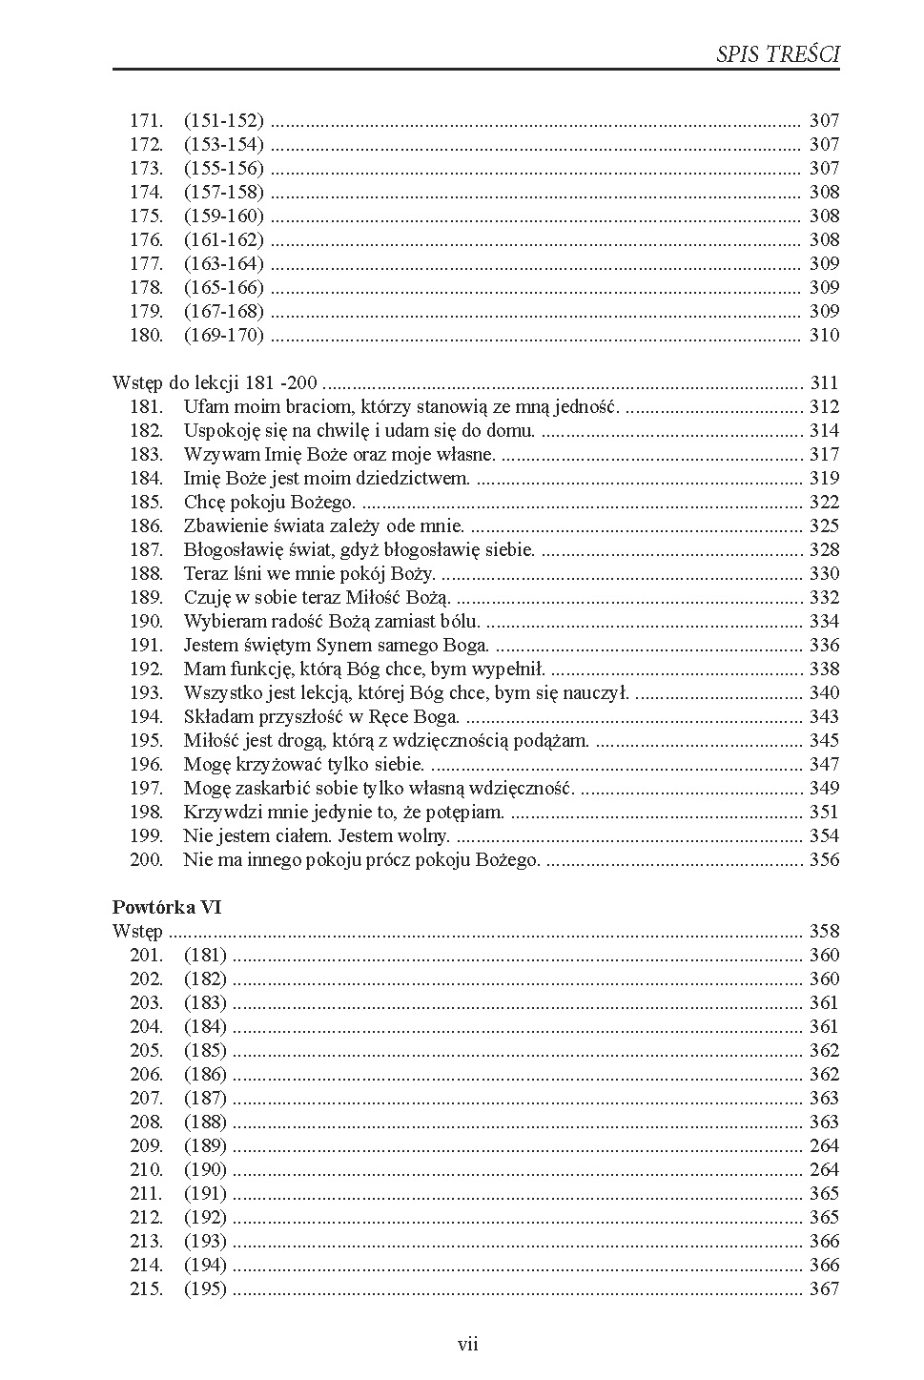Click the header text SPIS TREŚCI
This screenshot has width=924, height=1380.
pyautogui.click(x=777, y=54)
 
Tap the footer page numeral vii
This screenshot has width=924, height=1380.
pyautogui.click(x=467, y=1345)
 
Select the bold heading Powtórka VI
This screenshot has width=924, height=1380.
pyautogui.click(x=167, y=907)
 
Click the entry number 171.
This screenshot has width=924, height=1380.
pyautogui.click(x=147, y=120)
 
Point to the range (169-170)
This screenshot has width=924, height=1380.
pyautogui.click(x=223, y=335)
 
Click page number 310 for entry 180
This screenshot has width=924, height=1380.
pyautogui.click(x=824, y=335)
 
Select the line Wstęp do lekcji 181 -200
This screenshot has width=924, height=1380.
pyautogui.click(x=215, y=382)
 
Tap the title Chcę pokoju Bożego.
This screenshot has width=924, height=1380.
pyautogui.click(x=270, y=502)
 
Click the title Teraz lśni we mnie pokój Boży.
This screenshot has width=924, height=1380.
pyautogui.click(x=310, y=573)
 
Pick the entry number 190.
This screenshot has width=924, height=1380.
pyautogui.click(x=147, y=621)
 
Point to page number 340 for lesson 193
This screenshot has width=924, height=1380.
pyautogui.click(x=824, y=692)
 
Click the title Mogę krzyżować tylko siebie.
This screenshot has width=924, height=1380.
pyautogui.click(x=304, y=764)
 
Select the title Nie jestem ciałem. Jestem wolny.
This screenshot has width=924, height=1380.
pyautogui.click(x=317, y=835)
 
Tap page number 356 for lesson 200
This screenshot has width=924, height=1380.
pyautogui.click(x=824, y=859)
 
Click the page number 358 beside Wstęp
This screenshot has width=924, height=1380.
pyautogui.click(x=824, y=931)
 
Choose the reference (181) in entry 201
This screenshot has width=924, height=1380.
pyautogui.click(x=205, y=955)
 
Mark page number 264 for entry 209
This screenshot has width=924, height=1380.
pyautogui.click(x=824, y=1145)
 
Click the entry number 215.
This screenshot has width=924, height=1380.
pyautogui.click(x=147, y=1288)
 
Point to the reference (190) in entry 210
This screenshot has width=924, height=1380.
pyautogui.click(x=205, y=1169)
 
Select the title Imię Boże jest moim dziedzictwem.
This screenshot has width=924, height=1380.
pyautogui.click(x=327, y=478)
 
